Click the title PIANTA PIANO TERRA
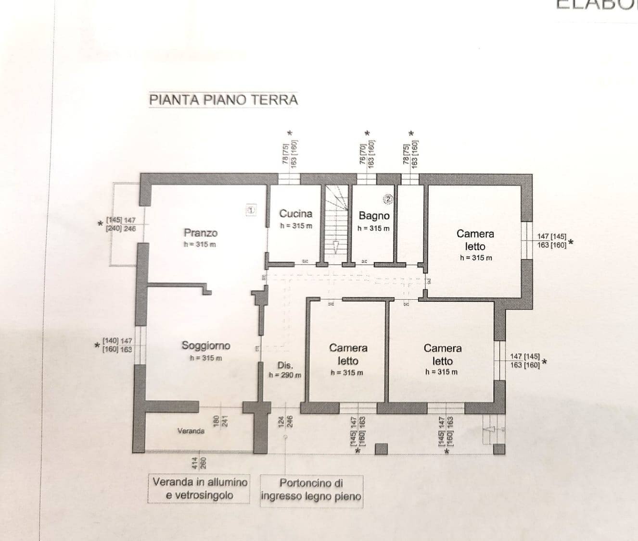click(223, 100)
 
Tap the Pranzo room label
click(201, 233)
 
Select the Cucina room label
click(295, 214)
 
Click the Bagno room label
click(374, 216)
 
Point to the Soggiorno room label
click(205, 345)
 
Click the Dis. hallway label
click(285, 365)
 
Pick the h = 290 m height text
click(285, 375)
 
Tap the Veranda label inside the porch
click(191, 431)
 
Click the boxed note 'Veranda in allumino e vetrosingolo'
click(200, 489)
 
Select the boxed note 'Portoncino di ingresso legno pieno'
click(311, 490)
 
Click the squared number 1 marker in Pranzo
click(251, 209)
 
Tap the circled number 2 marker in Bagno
click(389, 198)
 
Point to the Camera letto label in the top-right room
click(475, 240)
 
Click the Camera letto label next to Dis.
click(348, 354)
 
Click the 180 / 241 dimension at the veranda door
click(219, 421)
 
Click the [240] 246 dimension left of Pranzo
click(121, 229)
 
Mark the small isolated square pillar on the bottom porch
click(381, 449)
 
